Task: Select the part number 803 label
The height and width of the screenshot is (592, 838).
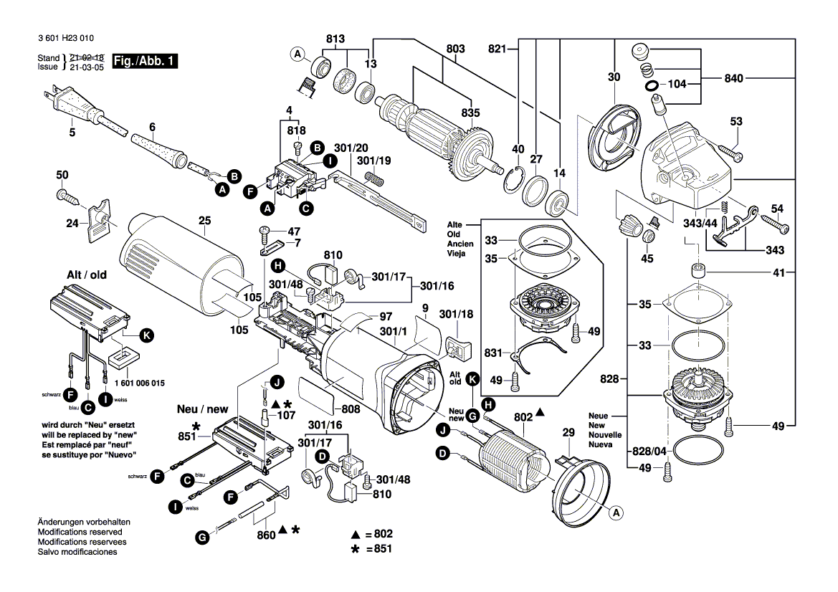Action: (455, 48)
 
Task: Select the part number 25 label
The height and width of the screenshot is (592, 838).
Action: (205, 221)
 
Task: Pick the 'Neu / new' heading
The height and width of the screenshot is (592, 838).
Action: (203, 409)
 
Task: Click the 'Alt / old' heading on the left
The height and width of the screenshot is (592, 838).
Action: (87, 274)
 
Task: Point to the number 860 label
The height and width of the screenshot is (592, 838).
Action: (266, 534)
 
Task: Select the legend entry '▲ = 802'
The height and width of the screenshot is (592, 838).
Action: (371, 535)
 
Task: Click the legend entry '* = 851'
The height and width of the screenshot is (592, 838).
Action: (371, 549)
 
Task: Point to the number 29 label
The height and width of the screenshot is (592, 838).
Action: (568, 434)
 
